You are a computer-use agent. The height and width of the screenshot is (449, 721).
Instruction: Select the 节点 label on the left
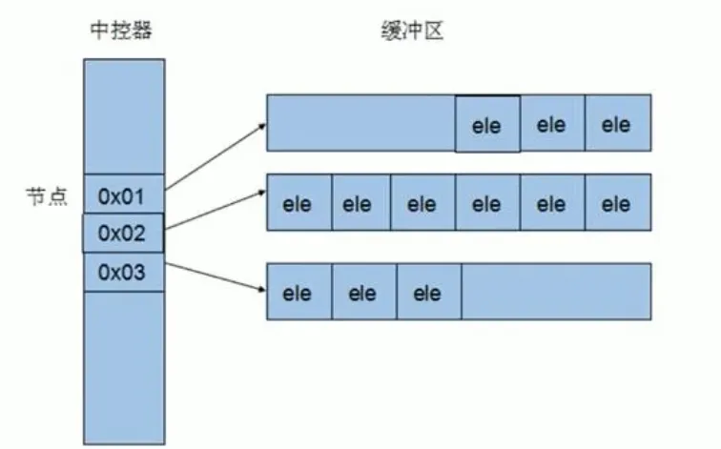coord(44,197)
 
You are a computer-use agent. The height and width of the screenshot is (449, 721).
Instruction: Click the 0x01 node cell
coord(124,197)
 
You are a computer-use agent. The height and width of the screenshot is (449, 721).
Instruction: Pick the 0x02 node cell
coord(124,234)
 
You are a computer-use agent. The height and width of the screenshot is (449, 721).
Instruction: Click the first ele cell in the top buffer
coord(486,124)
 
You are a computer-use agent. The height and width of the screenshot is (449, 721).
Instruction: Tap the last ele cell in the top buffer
coord(616,124)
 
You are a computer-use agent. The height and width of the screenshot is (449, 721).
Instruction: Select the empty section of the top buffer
coord(360,124)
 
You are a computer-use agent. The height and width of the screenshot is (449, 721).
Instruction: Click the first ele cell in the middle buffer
coord(298,203)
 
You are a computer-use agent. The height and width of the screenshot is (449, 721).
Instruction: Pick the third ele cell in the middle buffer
coord(422,203)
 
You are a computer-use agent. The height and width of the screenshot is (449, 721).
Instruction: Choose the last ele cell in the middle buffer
coord(616,203)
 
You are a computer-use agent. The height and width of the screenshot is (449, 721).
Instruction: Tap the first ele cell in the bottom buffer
coord(298,293)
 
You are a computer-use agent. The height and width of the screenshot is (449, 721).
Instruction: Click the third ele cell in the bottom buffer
coord(427,293)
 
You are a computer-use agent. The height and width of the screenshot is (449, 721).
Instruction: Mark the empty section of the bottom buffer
coord(555,293)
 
